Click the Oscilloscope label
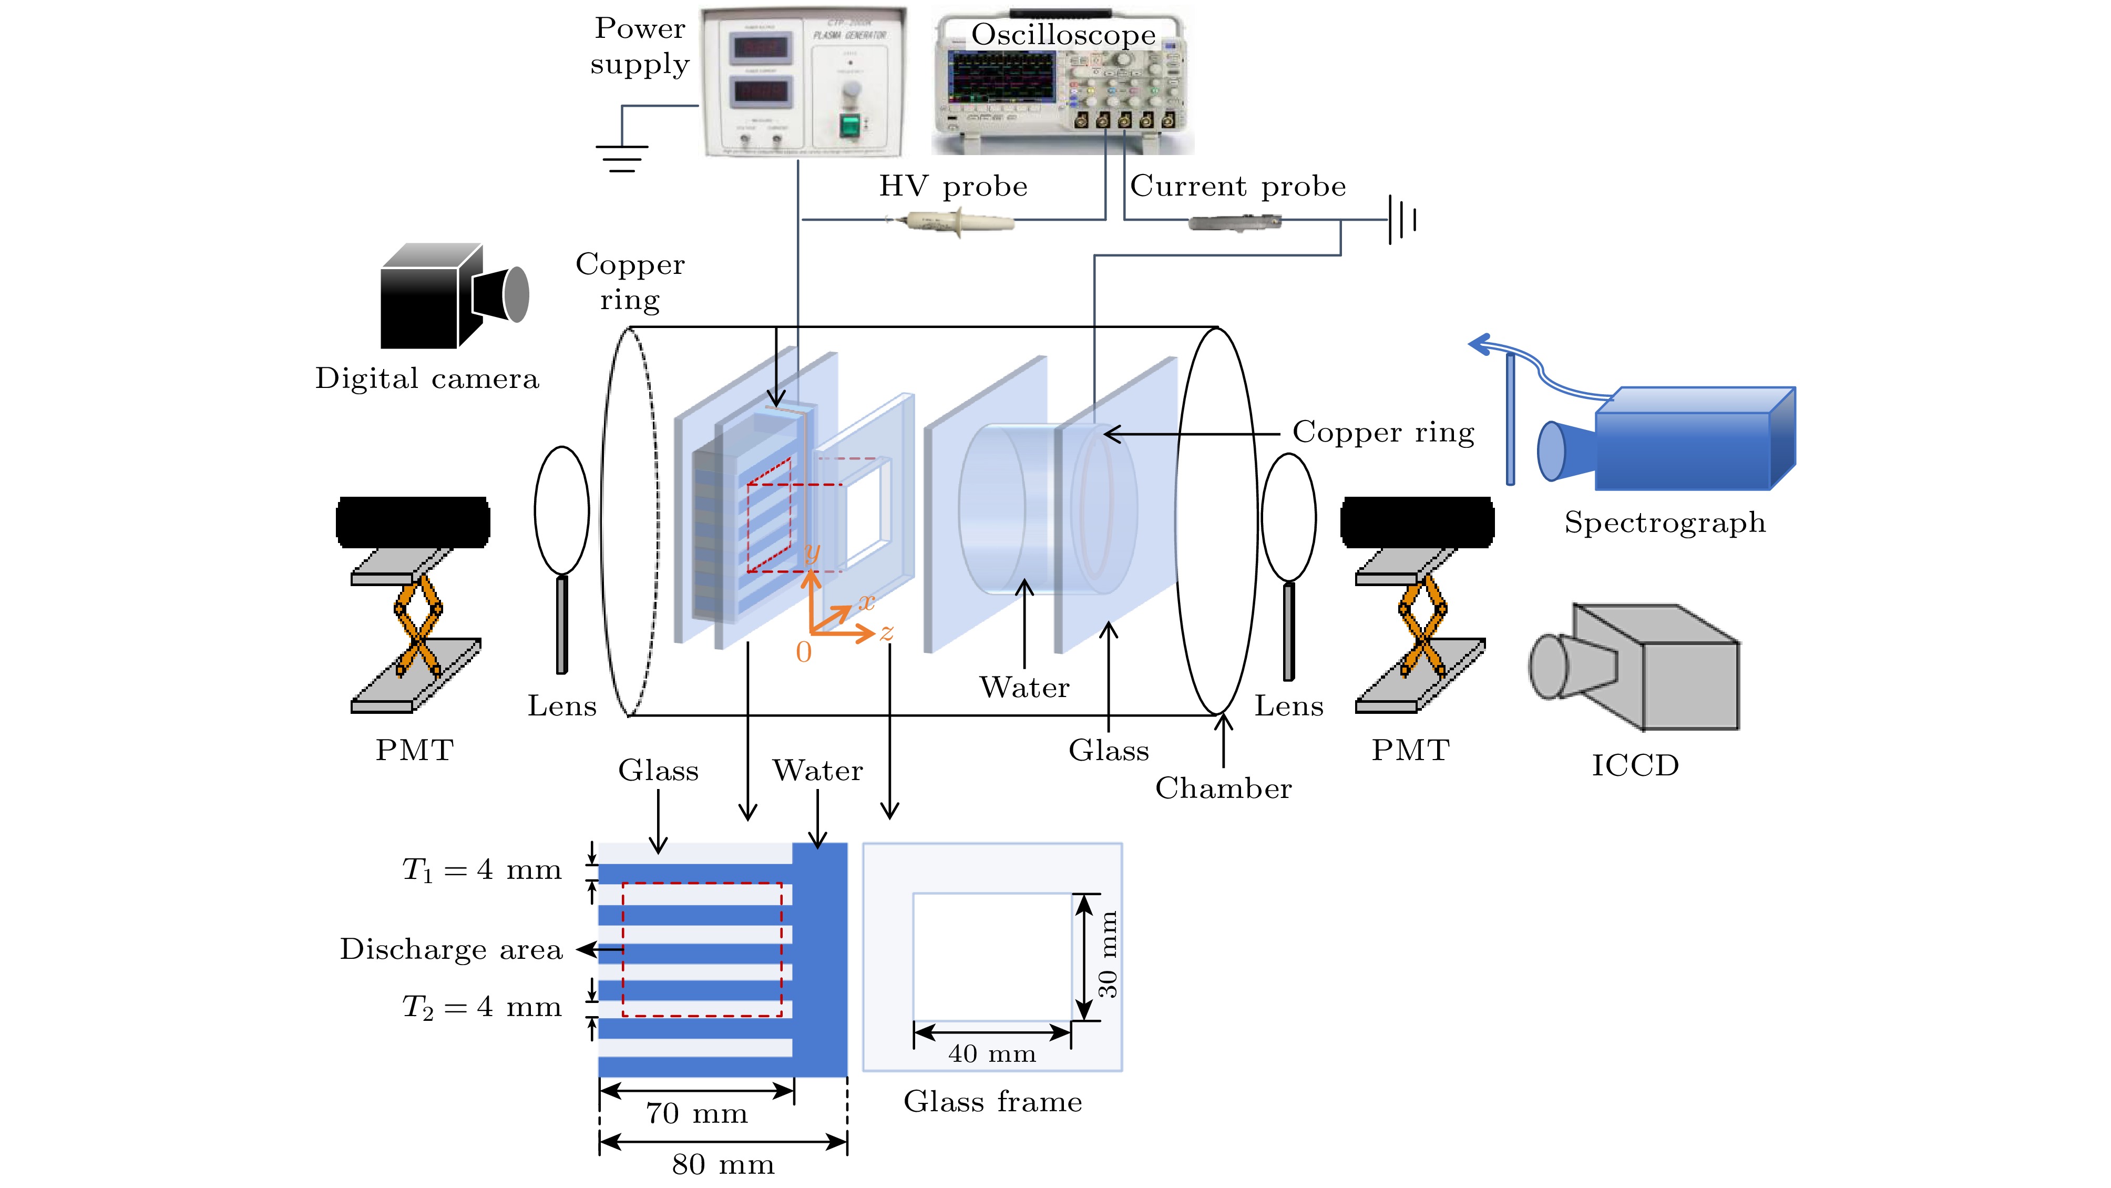click(x=1063, y=34)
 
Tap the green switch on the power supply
click(x=850, y=125)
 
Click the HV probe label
click(x=953, y=186)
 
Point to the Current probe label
click(x=1237, y=186)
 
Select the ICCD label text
click(x=1635, y=765)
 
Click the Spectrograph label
click(x=1664, y=522)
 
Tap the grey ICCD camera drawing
click(x=1635, y=667)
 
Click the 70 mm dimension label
click(x=696, y=1113)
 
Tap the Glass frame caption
click(x=992, y=1102)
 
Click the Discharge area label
click(x=450, y=949)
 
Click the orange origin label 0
click(x=804, y=652)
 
